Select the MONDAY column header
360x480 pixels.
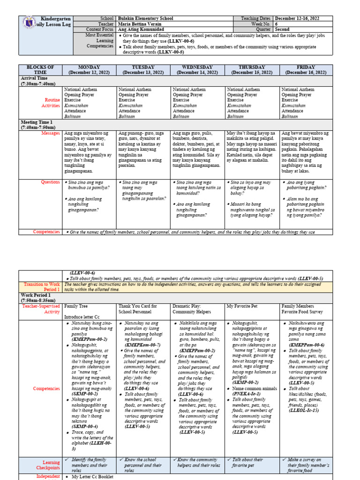click(x=89, y=70)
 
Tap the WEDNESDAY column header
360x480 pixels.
click(x=197, y=70)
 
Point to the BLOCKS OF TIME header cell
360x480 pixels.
click(x=40, y=70)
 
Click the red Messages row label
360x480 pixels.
click(x=51, y=133)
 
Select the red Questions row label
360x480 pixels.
click(x=50, y=182)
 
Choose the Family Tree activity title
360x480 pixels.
click(x=77, y=306)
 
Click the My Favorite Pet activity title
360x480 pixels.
click(x=243, y=306)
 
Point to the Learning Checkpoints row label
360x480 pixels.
click(x=48, y=465)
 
